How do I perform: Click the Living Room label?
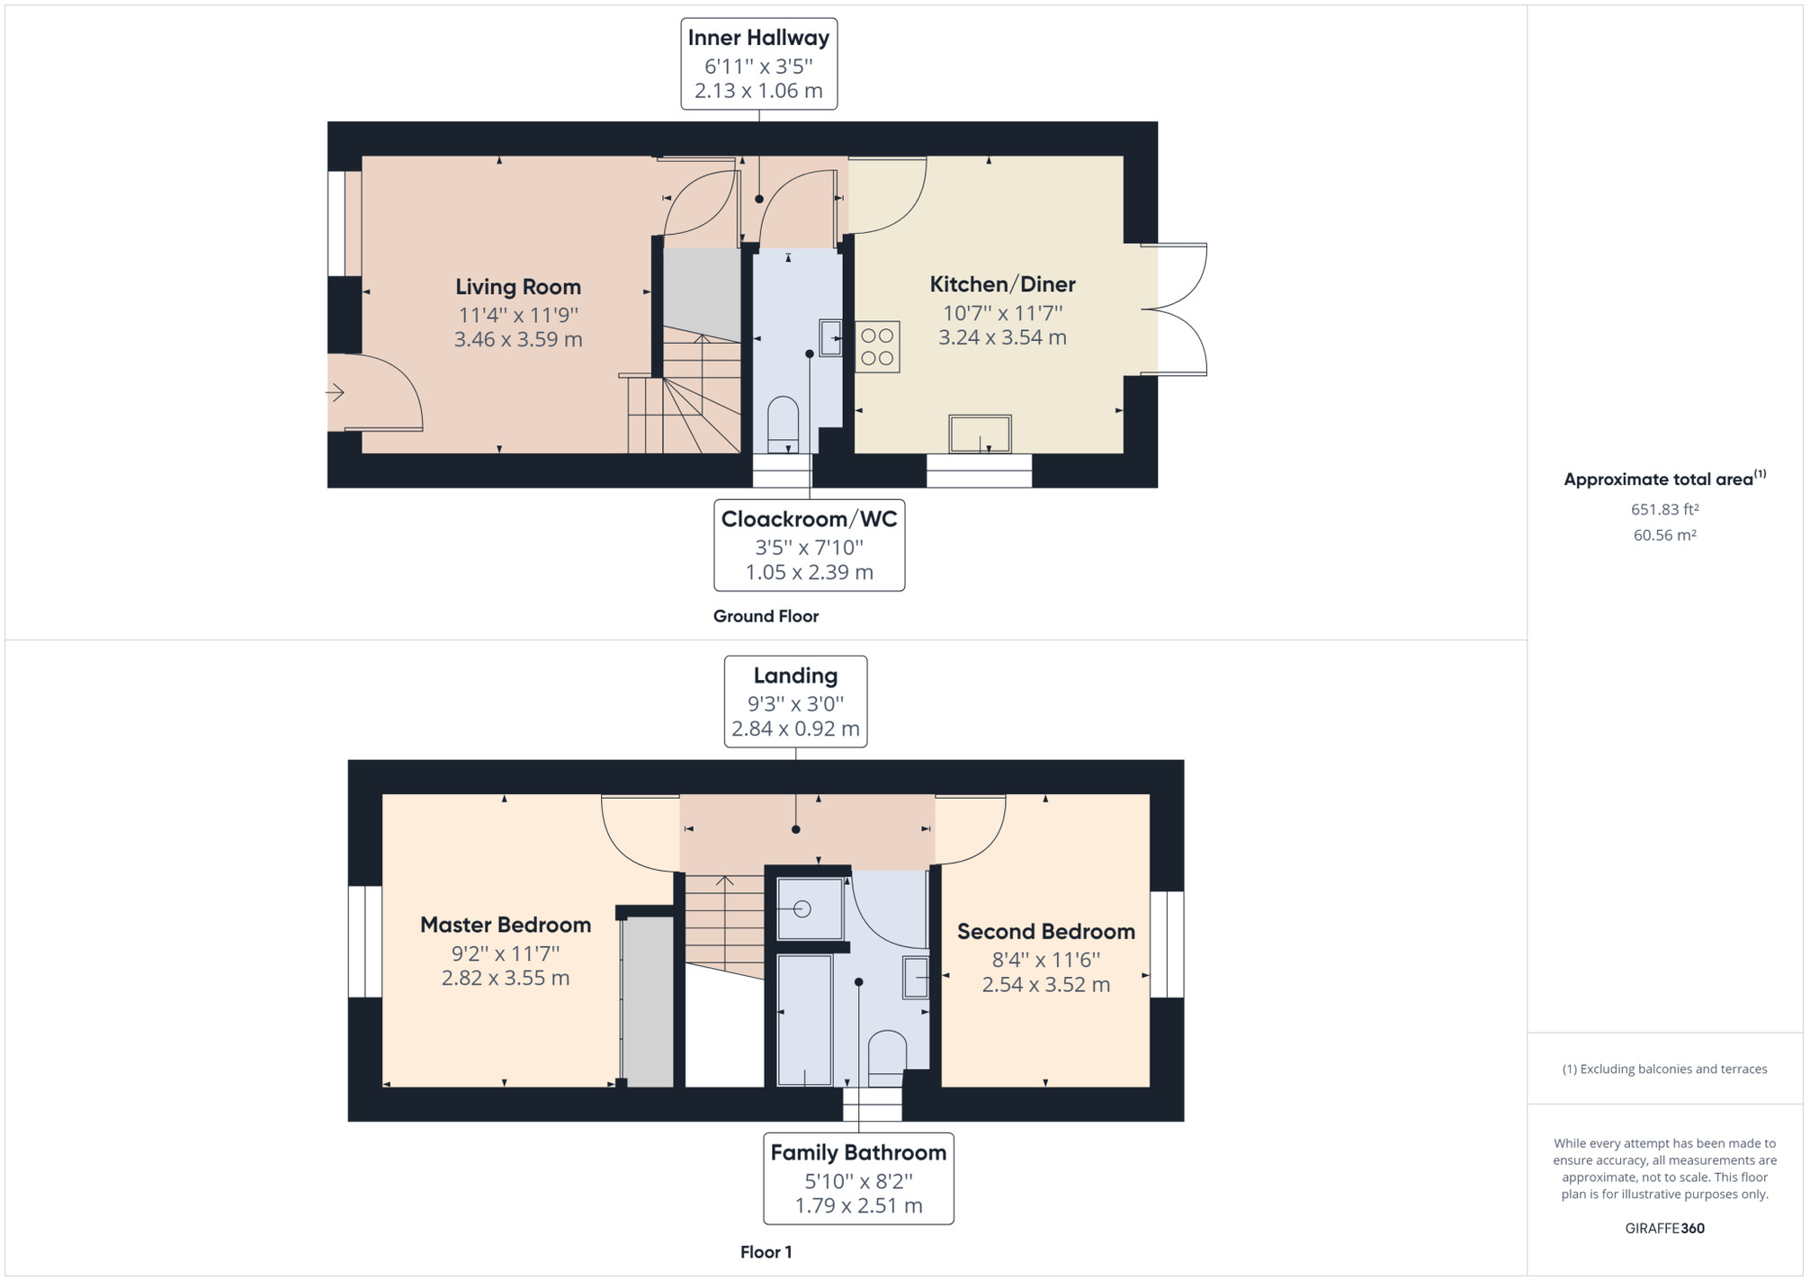click(518, 287)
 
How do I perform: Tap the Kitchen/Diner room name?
click(1002, 284)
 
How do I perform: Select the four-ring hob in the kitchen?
click(877, 346)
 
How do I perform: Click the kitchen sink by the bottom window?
click(980, 434)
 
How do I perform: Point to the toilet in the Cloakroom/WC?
click(783, 424)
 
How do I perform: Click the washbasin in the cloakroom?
click(830, 338)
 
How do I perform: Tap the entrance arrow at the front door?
click(335, 392)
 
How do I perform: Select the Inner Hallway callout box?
click(759, 64)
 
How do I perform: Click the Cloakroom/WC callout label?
click(810, 545)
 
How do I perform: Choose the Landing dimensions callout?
click(796, 702)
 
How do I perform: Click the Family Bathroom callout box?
click(858, 1178)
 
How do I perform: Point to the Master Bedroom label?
click(506, 925)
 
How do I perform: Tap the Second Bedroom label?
click(1046, 931)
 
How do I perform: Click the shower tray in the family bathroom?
click(810, 909)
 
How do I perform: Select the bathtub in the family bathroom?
click(804, 1020)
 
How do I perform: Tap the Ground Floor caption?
click(766, 616)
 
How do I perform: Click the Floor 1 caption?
click(766, 1252)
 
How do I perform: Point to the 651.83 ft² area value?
click(1665, 508)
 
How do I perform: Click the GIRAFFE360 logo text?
click(1665, 1228)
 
